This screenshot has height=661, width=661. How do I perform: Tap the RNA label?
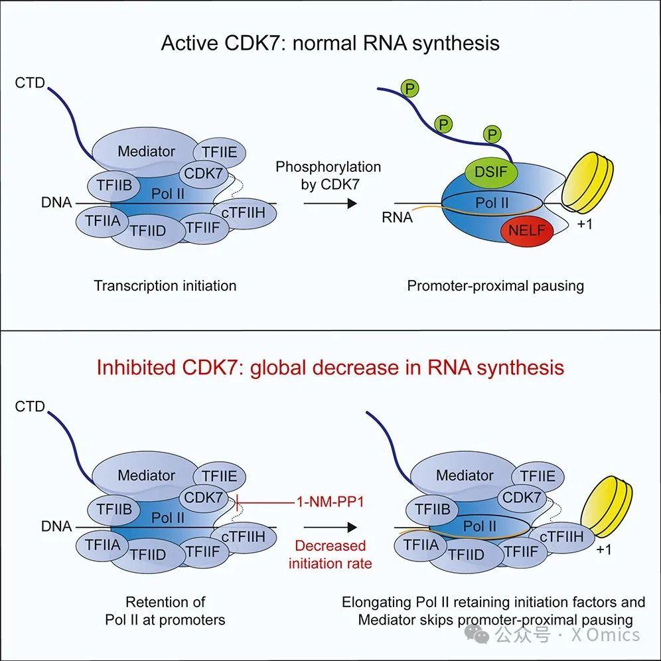(x=397, y=217)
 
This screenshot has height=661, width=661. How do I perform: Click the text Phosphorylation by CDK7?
(x=328, y=176)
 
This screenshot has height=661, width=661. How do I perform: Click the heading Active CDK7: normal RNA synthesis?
(x=330, y=44)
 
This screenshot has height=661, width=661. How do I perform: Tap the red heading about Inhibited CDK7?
(x=330, y=367)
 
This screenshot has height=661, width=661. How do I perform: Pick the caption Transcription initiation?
(x=165, y=286)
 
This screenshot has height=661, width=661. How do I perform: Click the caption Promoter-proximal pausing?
(x=495, y=286)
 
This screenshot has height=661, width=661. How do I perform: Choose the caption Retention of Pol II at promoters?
(x=165, y=611)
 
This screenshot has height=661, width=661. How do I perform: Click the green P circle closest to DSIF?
(x=492, y=135)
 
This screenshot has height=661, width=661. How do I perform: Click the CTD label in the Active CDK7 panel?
(x=29, y=83)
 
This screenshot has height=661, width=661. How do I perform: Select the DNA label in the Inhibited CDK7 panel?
(x=56, y=526)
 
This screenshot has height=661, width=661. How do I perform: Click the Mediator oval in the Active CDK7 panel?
(x=146, y=151)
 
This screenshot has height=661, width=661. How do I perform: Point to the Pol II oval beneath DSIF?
(x=492, y=202)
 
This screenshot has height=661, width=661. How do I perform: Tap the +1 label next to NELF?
(x=585, y=224)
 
